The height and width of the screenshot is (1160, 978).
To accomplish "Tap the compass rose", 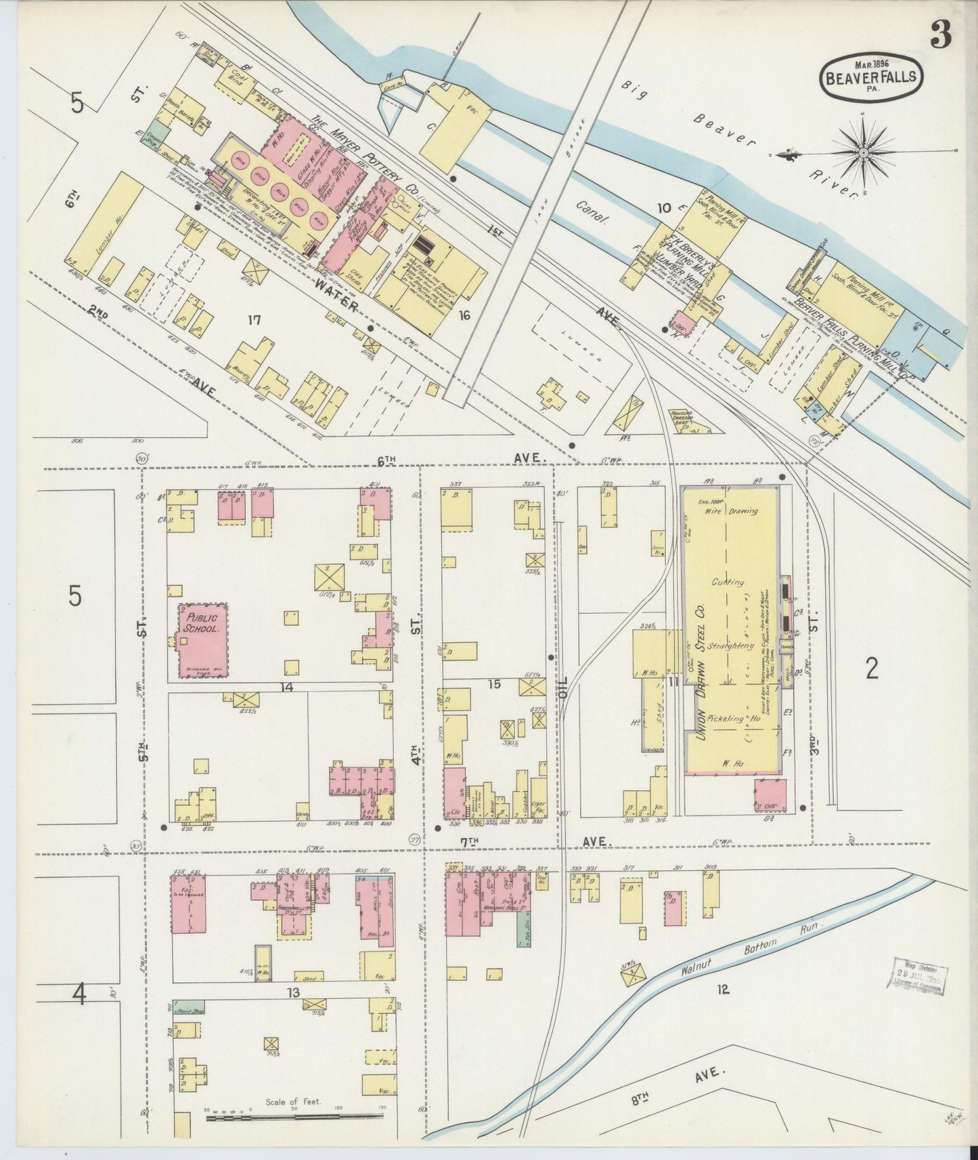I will pos(863,153).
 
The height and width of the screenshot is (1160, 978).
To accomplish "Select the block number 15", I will pos(494,684).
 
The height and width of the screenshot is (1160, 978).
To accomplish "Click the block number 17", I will pos(254,319).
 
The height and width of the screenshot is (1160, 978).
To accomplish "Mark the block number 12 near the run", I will pos(723,989).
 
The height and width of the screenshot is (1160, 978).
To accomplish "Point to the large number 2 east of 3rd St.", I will pos(872,669).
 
